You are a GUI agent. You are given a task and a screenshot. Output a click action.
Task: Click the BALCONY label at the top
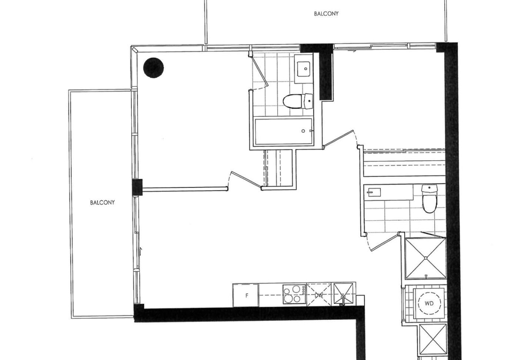coord(326,14)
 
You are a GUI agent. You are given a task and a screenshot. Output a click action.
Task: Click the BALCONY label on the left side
coord(102,202)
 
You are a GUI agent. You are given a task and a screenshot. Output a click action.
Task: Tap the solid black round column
coord(154,67)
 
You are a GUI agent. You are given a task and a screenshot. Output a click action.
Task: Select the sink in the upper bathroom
coord(304,69)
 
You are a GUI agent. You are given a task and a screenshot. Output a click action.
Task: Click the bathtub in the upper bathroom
coord(284,131)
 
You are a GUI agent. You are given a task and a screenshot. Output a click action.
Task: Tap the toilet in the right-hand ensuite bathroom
coord(429,198)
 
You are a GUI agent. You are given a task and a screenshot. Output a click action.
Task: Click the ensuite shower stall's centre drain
coord(426,258)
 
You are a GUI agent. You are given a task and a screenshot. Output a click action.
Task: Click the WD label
coord(429,303)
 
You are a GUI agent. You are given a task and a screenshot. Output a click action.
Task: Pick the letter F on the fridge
coord(247,295)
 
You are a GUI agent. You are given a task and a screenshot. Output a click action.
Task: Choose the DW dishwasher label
coord(319,295)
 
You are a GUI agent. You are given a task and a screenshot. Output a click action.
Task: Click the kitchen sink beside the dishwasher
coord(344,295)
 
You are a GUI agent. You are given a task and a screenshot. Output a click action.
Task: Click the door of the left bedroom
coord(245,181)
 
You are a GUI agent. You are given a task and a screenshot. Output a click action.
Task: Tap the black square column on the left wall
coord(138,187)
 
